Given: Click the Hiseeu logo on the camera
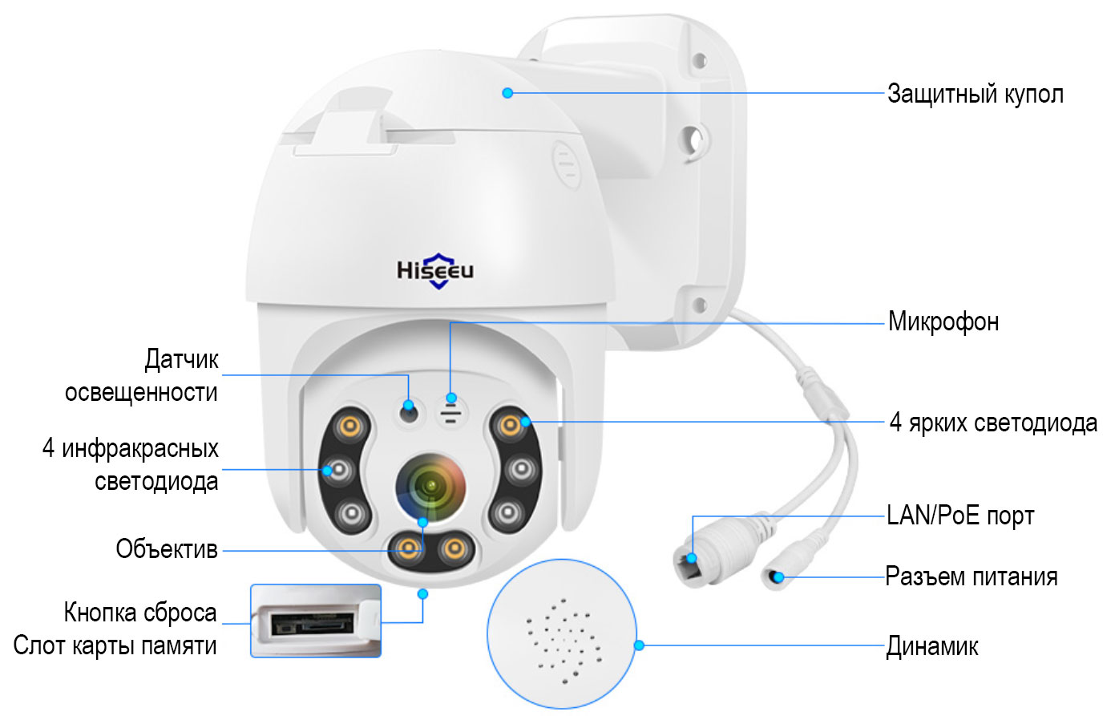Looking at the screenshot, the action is (x=435, y=270).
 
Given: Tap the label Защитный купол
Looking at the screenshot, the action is (x=976, y=94).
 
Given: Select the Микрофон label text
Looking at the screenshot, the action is (x=943, y=322).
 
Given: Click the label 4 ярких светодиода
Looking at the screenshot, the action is (x=993, y=423).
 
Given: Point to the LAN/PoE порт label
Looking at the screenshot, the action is (x=960, y=515).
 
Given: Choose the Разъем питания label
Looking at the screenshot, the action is (x=972, y=576).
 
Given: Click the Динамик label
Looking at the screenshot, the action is (x=931, y=646).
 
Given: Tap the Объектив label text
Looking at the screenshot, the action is (x=167, y=549).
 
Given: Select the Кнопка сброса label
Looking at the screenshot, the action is (x=140, y=612).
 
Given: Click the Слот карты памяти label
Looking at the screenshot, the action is (x=115, y=645).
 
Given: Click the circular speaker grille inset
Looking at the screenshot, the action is (x=562, y=633).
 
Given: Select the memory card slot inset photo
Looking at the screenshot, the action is (x=316, y=621).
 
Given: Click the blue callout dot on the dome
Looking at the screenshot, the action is (x=507, y=93).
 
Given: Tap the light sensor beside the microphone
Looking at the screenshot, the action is (x=409, y=413).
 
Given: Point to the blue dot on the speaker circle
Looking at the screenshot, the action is (x=639, y=645).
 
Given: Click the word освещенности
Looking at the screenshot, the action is (x=141, y=392).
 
